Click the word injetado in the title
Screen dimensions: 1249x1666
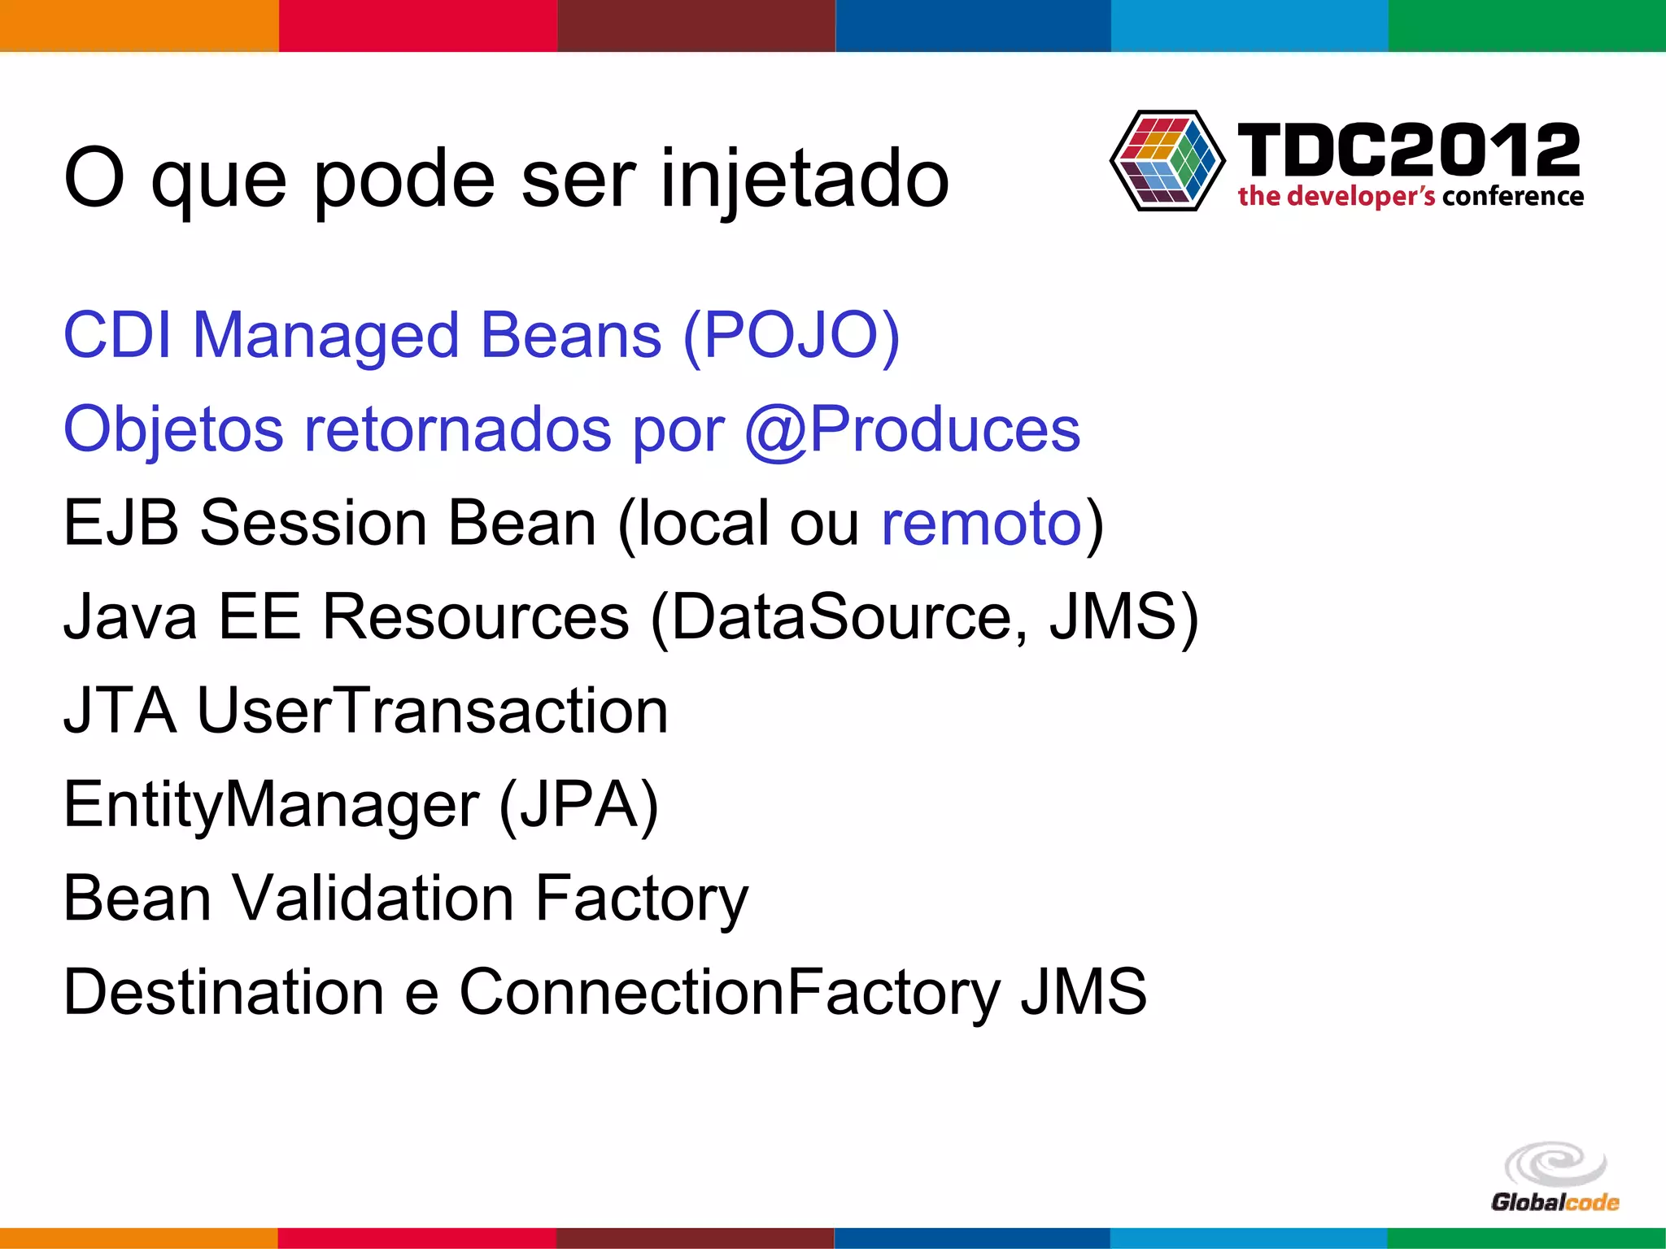[x=805, y=179]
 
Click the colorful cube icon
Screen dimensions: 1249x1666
[x=1167, y=161]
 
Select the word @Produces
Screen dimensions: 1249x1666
[x=912, y=429]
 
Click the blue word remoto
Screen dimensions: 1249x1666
[x=981, y=523]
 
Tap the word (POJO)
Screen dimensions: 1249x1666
[x=792, y=335]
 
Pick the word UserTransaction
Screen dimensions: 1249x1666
[x=432, y=711]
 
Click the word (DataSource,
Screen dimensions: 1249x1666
[x=839, y=617]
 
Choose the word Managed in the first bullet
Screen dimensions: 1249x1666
[x=325, y=335]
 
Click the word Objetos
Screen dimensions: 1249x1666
[x=173, y=429]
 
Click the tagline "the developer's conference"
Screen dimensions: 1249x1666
[x=1411, y=197]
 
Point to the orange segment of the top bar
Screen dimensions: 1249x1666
[x=139, y=25]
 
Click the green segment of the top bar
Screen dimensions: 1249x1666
[x=1527, y=25]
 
